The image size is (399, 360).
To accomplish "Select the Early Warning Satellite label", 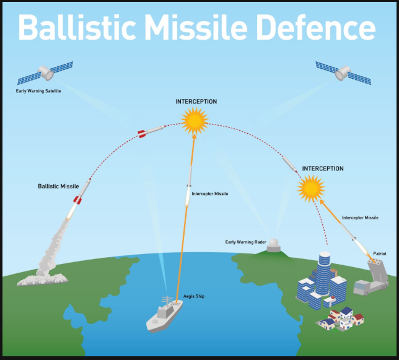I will click(38, 91).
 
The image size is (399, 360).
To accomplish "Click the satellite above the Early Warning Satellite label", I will click(45, 72).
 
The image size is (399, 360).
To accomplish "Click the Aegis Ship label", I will click(194, 297).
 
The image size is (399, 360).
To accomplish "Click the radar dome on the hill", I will click(273, 245).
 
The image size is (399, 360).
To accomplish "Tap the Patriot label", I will click(380, 253).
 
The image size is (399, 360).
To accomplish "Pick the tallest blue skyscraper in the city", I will click(324, 273).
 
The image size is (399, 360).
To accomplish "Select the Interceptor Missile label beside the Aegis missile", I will click(210, 194).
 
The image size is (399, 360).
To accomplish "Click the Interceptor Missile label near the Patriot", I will click(360, 217).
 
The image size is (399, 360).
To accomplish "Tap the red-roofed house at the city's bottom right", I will click(357, 318).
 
